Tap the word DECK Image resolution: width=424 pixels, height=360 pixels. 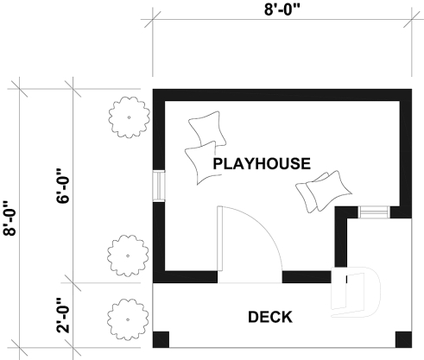(269, 316)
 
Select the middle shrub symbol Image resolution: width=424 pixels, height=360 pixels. (127, 253)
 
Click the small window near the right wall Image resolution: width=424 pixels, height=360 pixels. (374, 212)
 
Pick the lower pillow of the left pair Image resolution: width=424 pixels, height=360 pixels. (205, 161)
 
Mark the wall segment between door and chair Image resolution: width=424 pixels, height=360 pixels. (307, 277)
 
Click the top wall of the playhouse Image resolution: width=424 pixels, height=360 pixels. (282, 93)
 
